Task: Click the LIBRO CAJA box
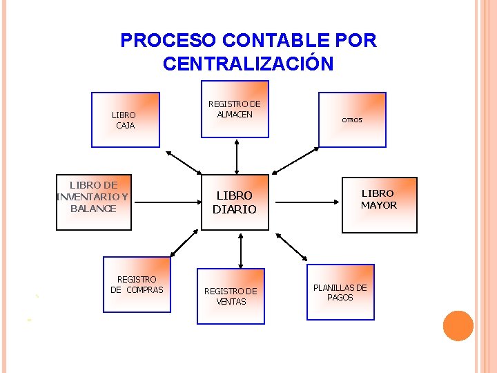pyautogui.click(x=126, y=120)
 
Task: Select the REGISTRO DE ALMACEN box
pyautogui.click(x=235, y=110)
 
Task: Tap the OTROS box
pyautogui.click(x=352, y=120)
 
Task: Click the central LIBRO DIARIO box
pyautogui.click(x=235, y=203)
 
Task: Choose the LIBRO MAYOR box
pyautogui.click(x=379, y=204)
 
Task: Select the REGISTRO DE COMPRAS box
pyautogui.click(x=137, y=285)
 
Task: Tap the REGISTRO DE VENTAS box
pyautogui.click(x=231, y=296)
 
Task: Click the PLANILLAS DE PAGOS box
pyautogui.click(x=340, y=292)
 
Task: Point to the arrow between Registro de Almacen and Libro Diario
pyautogui.click(x=237, y=156)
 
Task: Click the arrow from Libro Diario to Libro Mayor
pyautogui.click(x=310, y=202)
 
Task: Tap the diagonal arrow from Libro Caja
pyautogui.click(x=184, y=163)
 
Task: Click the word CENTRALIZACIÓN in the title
pyautogui.click(x=248, y=64)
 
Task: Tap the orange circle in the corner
pyautogui.click(x=458, y=326)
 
